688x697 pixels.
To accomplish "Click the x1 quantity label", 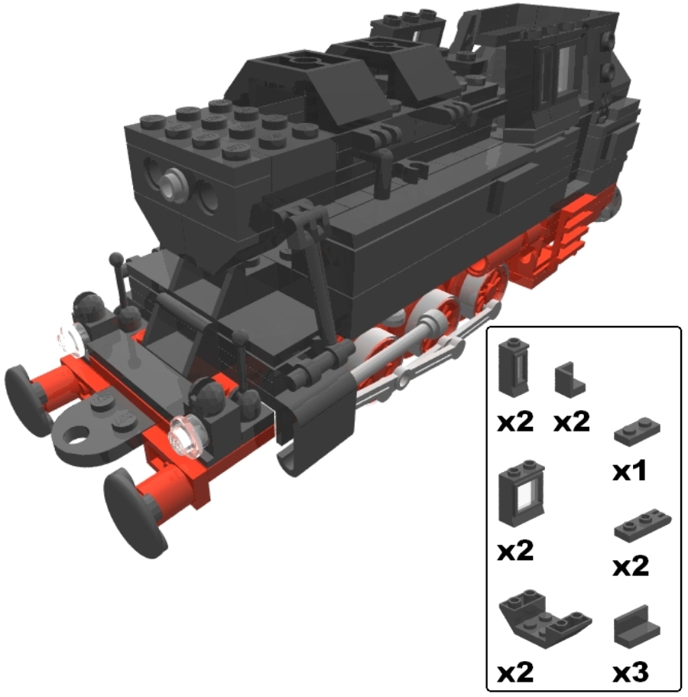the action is (x=629, y=471).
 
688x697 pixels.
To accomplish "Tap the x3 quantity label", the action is (x=630, y=673).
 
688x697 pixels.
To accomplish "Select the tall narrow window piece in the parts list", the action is (x=514, y=366).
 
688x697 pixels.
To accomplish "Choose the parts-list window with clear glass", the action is (x=521, y=493).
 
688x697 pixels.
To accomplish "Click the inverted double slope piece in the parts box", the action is (x=544, y=618).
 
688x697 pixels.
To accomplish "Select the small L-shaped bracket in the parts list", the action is (x=570, y=379).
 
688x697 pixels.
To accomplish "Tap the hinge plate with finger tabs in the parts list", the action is (x=642, y=525).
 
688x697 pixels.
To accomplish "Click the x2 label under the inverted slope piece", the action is (x=515, y=672).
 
